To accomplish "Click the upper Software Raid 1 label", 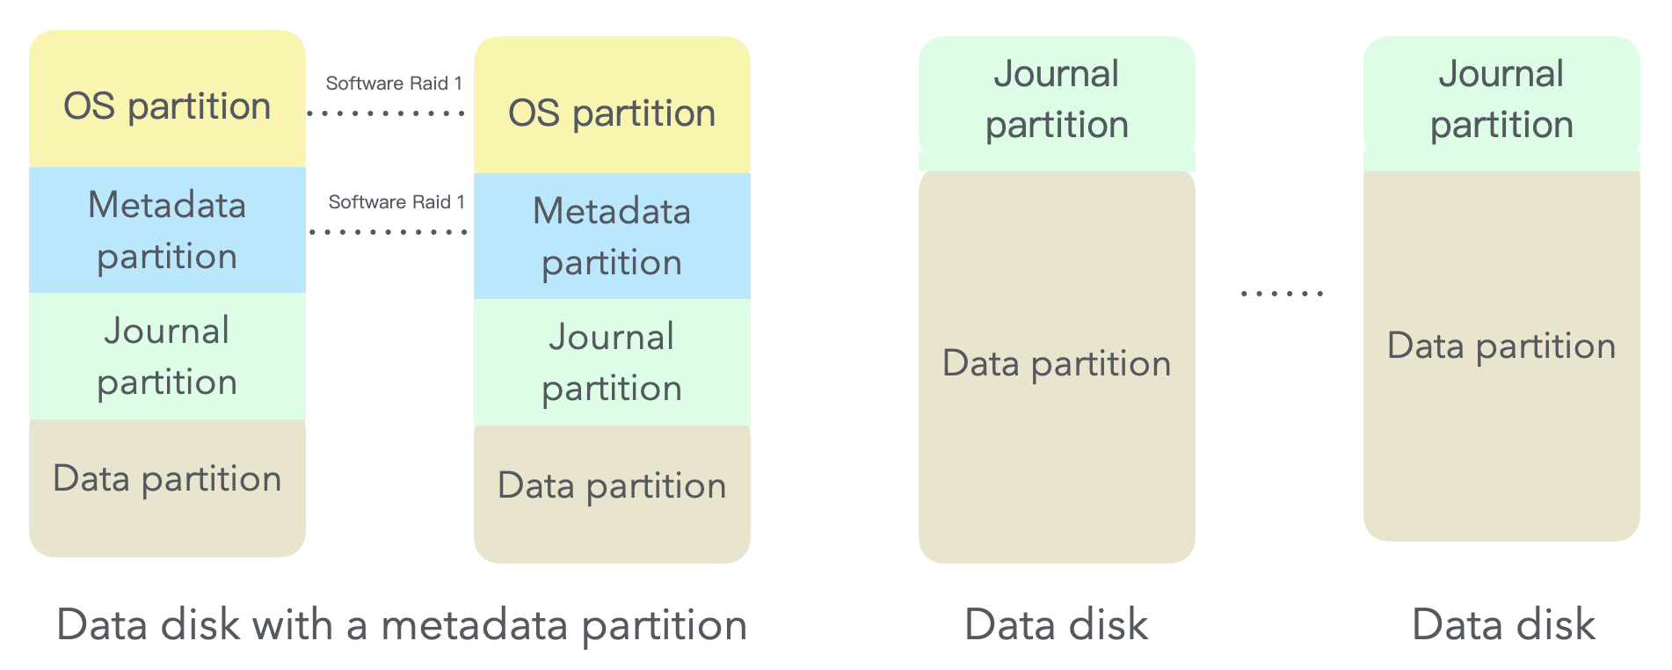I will (394, 84).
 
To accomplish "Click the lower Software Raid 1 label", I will (396, 202).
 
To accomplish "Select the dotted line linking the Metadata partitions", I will (389, 232).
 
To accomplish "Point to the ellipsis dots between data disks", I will (1282, 294).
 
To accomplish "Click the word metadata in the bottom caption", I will (476, 625).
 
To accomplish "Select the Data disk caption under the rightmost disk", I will (1503, 625).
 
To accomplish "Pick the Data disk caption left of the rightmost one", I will (1056, 625).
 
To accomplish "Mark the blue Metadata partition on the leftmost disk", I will (167, 230).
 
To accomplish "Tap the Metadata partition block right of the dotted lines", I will (612, 237).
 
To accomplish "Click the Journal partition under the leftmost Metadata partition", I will (167, 356).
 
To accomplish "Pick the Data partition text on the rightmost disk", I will (1501, 346).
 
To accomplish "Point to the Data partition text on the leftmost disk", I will (167, 479).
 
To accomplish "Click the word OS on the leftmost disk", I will (89, 106).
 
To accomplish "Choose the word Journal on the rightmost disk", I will (1501, 74).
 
